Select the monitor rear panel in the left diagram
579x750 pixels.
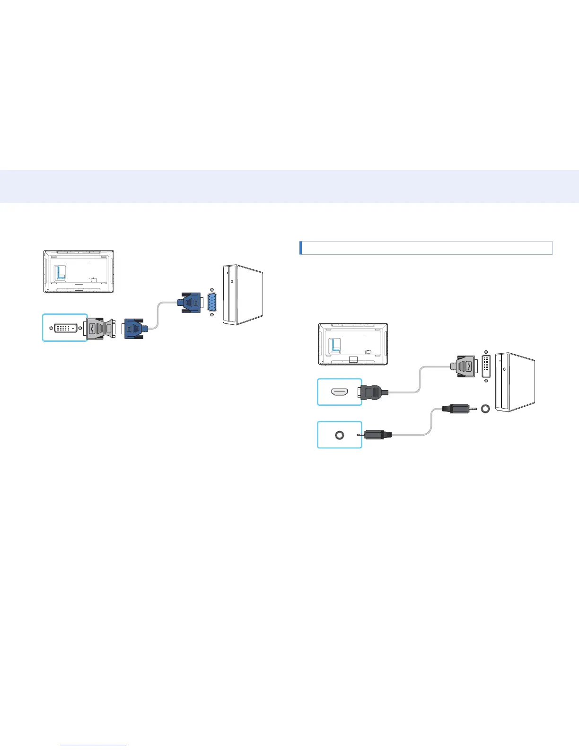(x=79, y=272)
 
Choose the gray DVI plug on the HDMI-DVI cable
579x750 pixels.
(x=465, y=365)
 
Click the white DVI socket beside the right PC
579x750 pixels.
(x=486, y=365)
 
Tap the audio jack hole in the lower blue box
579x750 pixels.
(x=339, y=435)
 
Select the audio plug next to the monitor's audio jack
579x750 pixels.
(x=376, y=434)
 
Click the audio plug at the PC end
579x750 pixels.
(x=456, y=408)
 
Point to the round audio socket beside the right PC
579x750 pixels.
(x=484, y=408)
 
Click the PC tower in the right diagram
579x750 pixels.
(x=515, y=381)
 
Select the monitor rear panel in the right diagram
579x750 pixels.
(x=353, y=344)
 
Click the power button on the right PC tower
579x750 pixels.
(x=504, y=369)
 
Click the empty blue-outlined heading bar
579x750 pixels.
(x=426, y=248)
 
